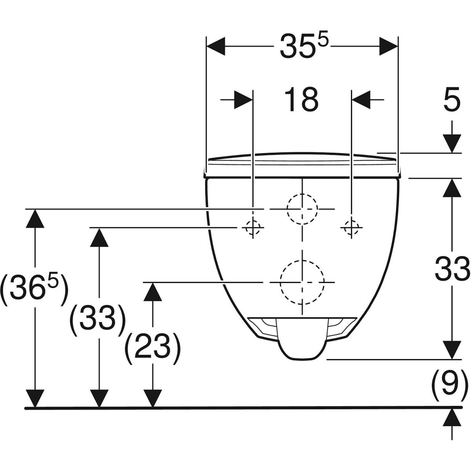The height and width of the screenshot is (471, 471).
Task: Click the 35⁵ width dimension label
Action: [x=304, y=46]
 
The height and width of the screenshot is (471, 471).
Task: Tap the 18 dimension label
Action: [x=301, y=100]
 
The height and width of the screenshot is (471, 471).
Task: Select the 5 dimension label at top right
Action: [x=452, y=100]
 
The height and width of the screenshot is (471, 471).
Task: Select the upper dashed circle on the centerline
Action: [x=302, y=209]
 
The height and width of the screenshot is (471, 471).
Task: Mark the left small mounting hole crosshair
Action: [x=253, y=227]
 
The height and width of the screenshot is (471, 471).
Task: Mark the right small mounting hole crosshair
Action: [x=352, y=227]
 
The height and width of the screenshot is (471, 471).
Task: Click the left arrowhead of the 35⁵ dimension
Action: [x=216, y=46]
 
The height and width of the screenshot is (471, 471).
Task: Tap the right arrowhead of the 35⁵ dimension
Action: [x=389, y=46]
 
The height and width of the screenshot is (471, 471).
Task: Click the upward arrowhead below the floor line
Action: [x=452, y=417]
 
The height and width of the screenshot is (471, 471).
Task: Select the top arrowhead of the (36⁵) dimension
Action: [x=34, y=218]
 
